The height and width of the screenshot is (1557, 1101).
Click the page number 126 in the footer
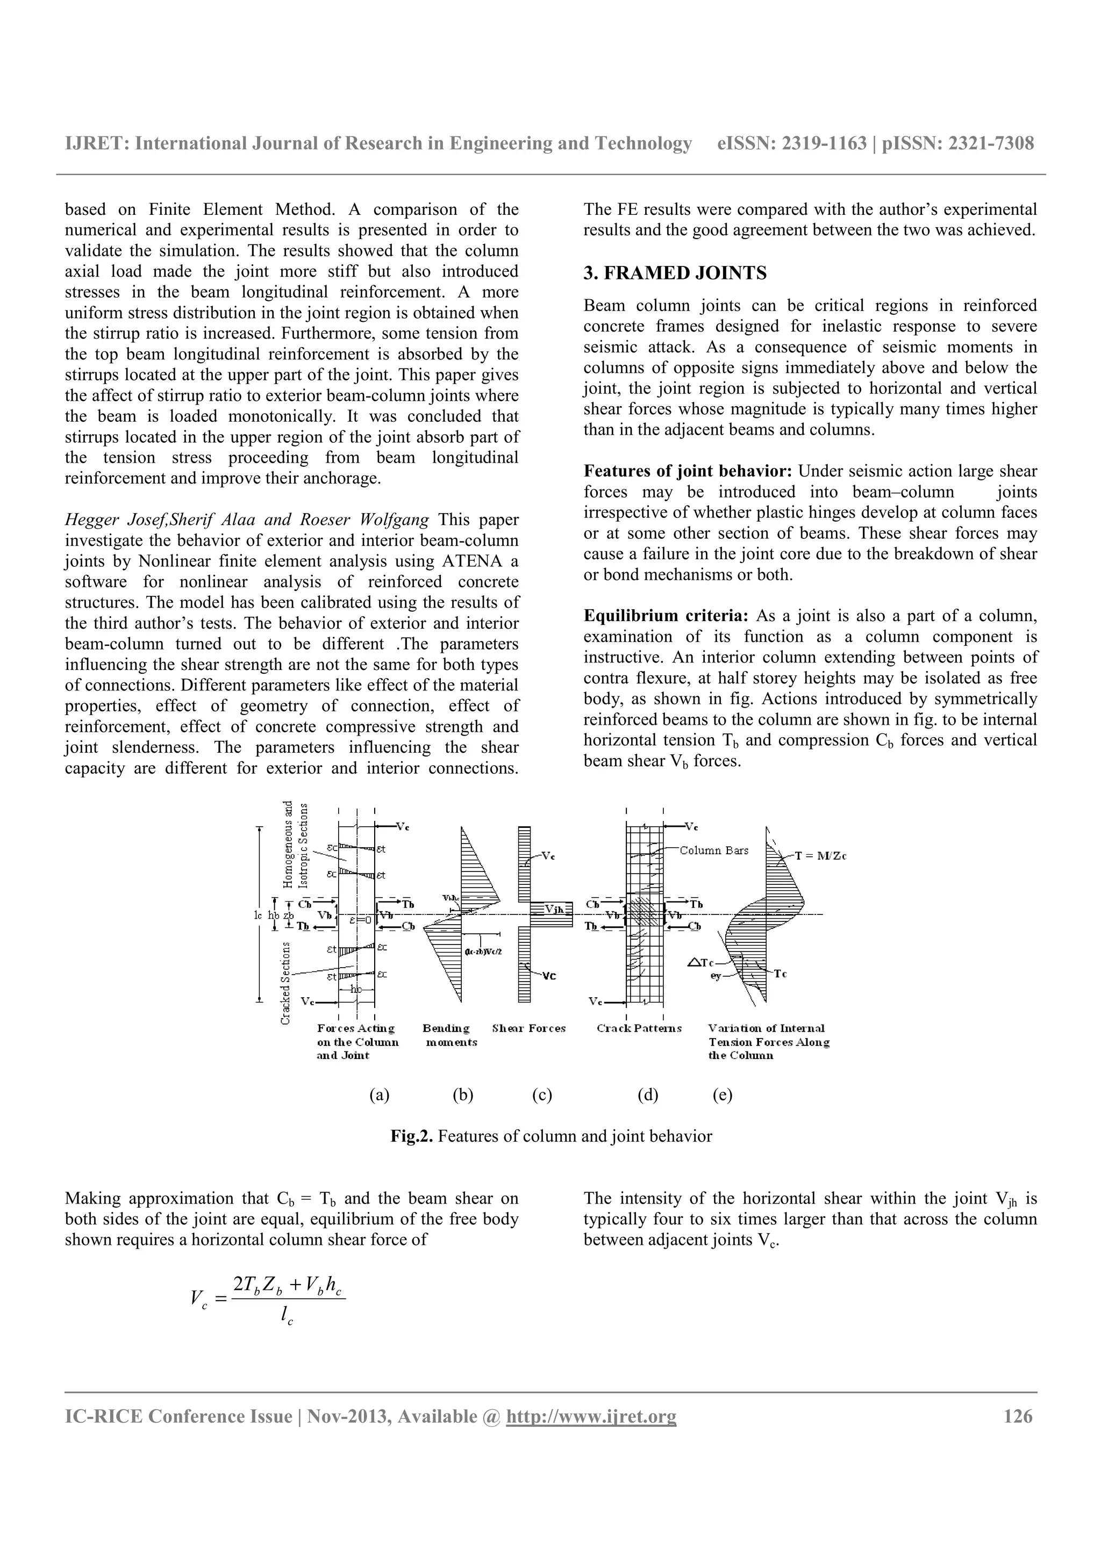click(1018, 1417)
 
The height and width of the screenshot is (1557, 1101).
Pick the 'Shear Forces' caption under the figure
click(528, 1029)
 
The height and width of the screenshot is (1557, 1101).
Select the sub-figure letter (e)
click(723, 1095)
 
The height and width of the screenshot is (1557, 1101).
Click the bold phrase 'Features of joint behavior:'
click(687, 471)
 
